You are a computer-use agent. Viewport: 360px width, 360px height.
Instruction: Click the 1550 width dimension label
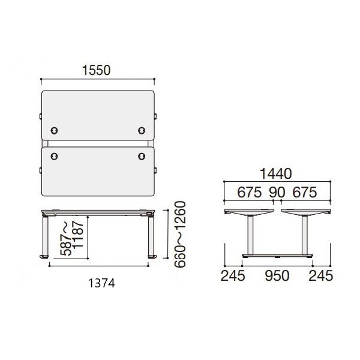pos(97,70)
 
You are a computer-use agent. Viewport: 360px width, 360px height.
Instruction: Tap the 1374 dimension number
pos(101,283)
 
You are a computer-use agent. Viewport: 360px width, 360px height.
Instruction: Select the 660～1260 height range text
pos(180,235)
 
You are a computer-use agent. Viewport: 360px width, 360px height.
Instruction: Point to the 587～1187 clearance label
pos(71,238)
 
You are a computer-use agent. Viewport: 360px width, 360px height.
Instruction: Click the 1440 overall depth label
pos(276,174)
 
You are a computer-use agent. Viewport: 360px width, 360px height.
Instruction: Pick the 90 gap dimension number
pos(277,192)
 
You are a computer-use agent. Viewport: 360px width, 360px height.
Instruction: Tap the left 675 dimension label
pos(250,192)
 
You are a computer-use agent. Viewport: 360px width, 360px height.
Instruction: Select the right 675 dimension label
pos(305,192)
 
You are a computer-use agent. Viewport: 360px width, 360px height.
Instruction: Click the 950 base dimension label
pos(277,276)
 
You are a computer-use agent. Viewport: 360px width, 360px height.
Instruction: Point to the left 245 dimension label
pos(233,276)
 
